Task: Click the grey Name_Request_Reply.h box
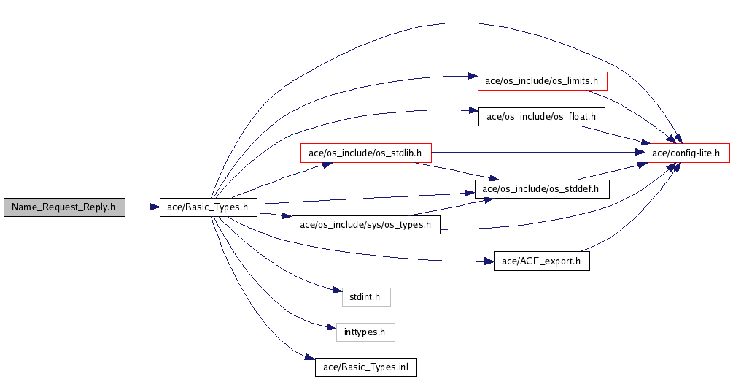(63, 207)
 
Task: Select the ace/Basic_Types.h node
(208, 207)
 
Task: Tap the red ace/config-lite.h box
(687, 153)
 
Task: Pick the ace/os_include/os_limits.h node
(542, 80)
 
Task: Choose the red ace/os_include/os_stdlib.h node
(366, 153)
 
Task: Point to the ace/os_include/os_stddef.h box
(541, 189)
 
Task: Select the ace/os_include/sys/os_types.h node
(365, 225)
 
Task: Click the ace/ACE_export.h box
(541, 261)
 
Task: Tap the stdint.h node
(366, 296)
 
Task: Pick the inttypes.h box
(365, 332)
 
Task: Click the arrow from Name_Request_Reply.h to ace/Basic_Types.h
(141, 207)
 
